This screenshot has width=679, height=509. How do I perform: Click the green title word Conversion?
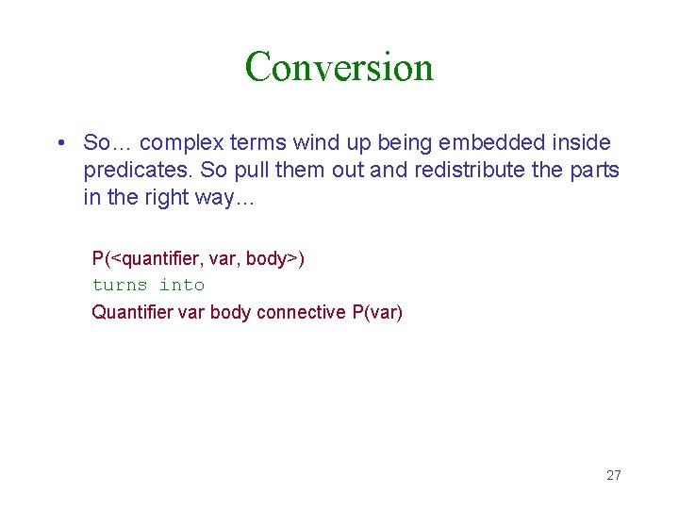pos(339,67)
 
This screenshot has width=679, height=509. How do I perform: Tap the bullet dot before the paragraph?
pos(59,143)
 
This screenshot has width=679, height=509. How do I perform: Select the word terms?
pos(258,143)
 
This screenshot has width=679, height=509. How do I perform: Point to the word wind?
pos(314,143)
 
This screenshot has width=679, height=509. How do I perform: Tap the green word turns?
pos(120,285)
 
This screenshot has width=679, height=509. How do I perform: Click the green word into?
pos(182,285)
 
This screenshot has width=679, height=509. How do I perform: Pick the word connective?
pos(302,312)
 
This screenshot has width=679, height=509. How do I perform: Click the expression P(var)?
pos(377,312)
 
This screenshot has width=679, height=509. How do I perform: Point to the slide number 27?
pos(613,475)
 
